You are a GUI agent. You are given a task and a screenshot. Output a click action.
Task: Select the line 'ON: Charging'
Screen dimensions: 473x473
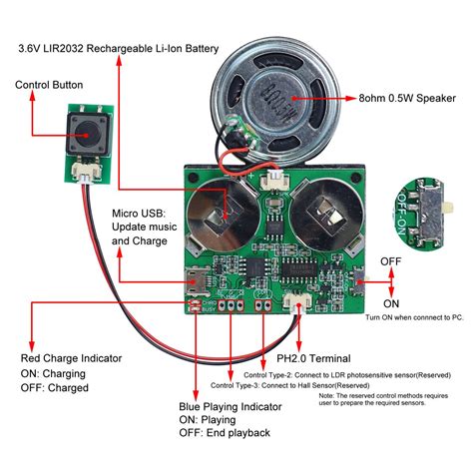point(57,372)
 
